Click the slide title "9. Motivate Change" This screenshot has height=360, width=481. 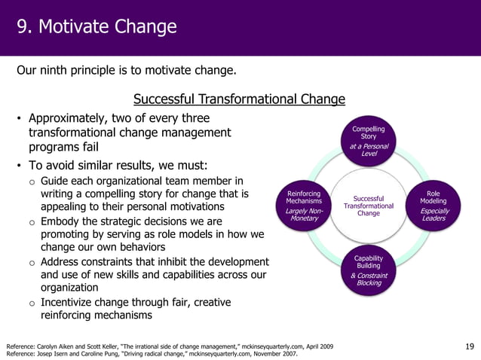pos(97,28)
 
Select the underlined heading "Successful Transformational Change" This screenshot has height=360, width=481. pos(239,99)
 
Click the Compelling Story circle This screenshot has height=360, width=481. pos(369,140)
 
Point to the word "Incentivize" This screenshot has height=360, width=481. pos(76,302)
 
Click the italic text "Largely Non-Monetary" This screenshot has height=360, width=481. pos(304,215)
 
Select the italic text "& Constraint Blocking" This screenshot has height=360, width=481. pos(369,279)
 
